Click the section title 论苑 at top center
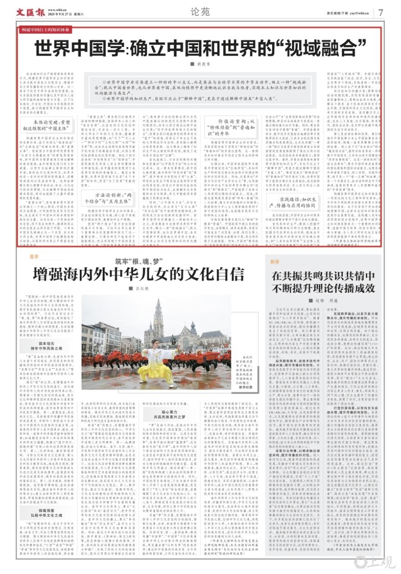[200, 12]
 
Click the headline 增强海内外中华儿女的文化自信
[138, 274]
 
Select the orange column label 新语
[275, 262]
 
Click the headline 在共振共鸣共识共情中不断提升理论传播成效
[323, 282]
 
